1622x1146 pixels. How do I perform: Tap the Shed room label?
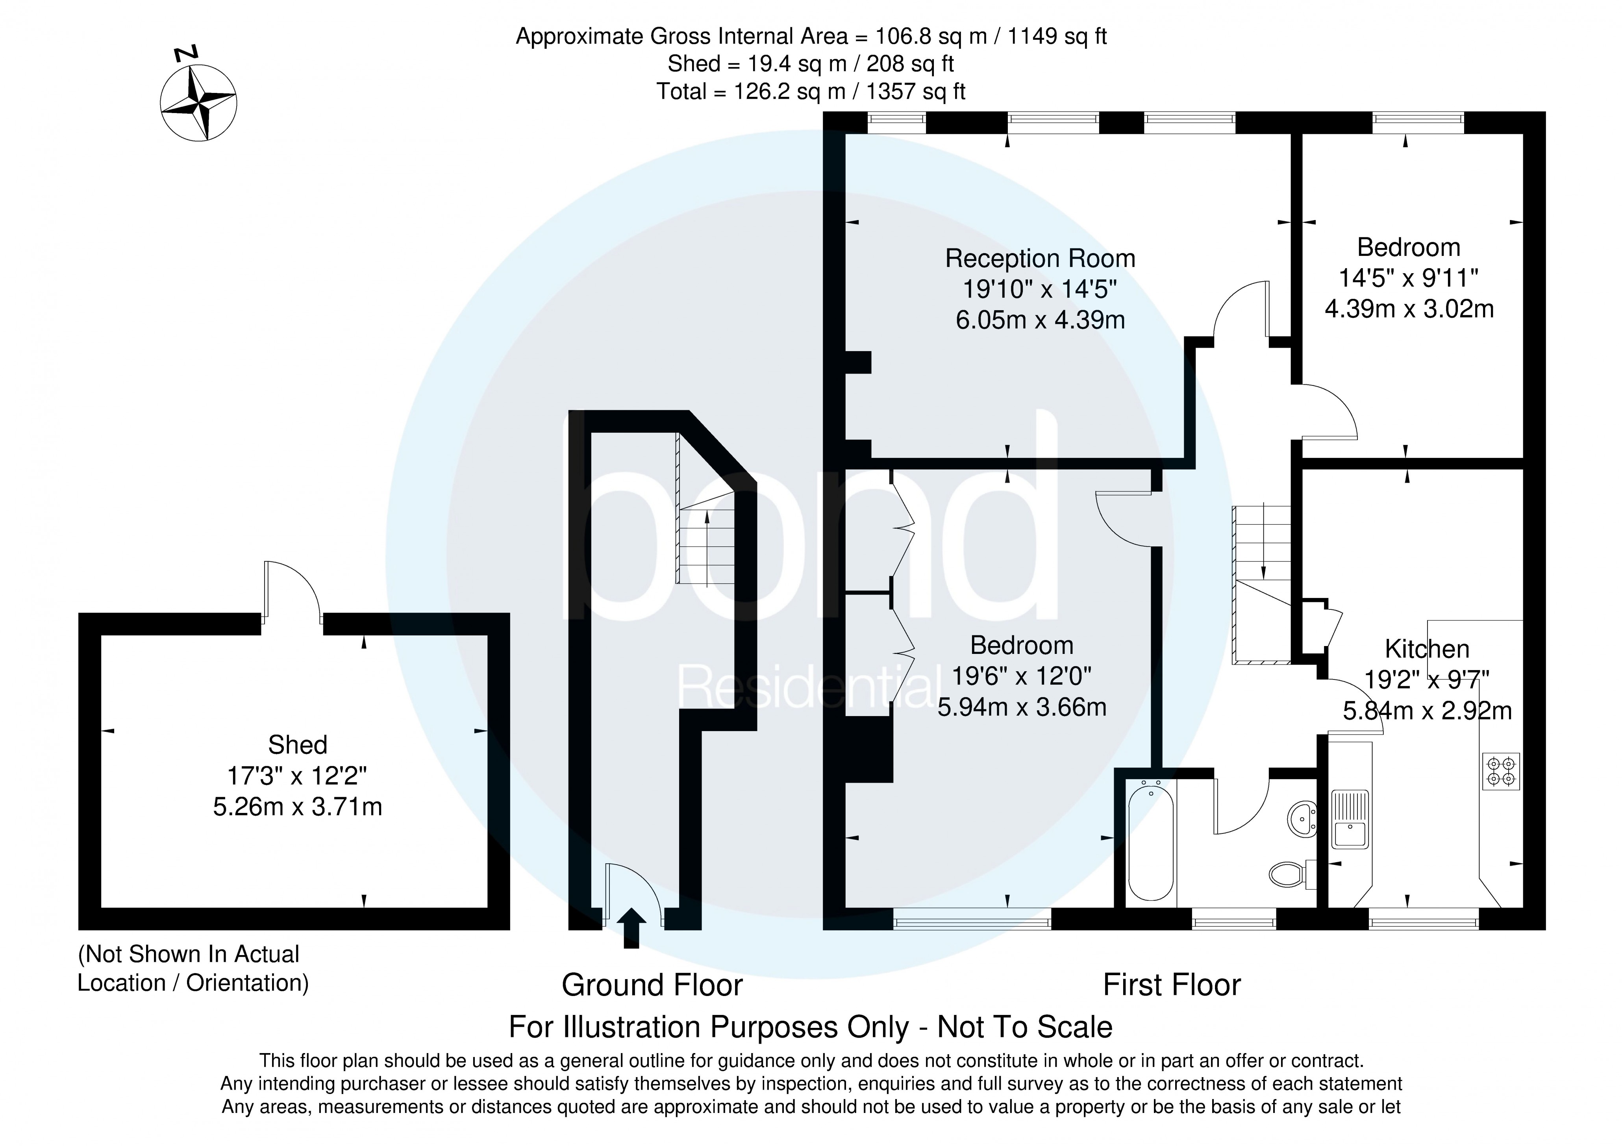pos(297,745)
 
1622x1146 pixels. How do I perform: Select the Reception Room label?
pos(1040,259)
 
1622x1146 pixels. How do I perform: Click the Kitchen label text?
pos(1426,649)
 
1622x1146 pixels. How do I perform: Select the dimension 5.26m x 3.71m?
pos(297,806)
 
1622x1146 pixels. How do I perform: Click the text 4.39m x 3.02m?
pos(1409,309)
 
